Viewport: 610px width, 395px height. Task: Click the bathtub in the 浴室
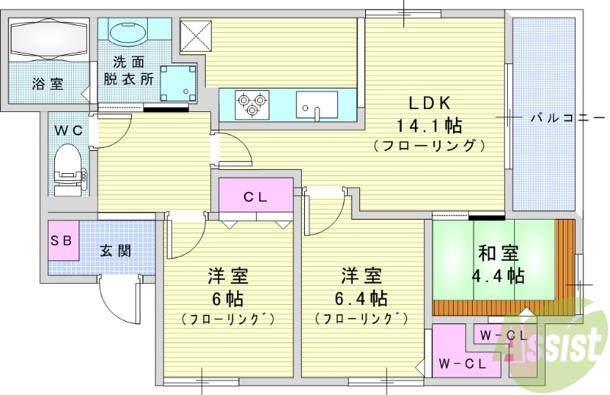[47, 39]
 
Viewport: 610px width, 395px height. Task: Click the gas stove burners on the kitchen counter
[252, 103]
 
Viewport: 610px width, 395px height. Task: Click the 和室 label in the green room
[499, 252]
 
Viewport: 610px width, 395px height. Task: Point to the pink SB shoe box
[60, 240]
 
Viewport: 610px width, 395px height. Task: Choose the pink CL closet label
[255, 197]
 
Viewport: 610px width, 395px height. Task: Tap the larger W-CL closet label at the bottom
[462, 364]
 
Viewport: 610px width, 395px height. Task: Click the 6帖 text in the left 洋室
[228, 297]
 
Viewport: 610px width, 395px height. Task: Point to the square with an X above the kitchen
[195, 36]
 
